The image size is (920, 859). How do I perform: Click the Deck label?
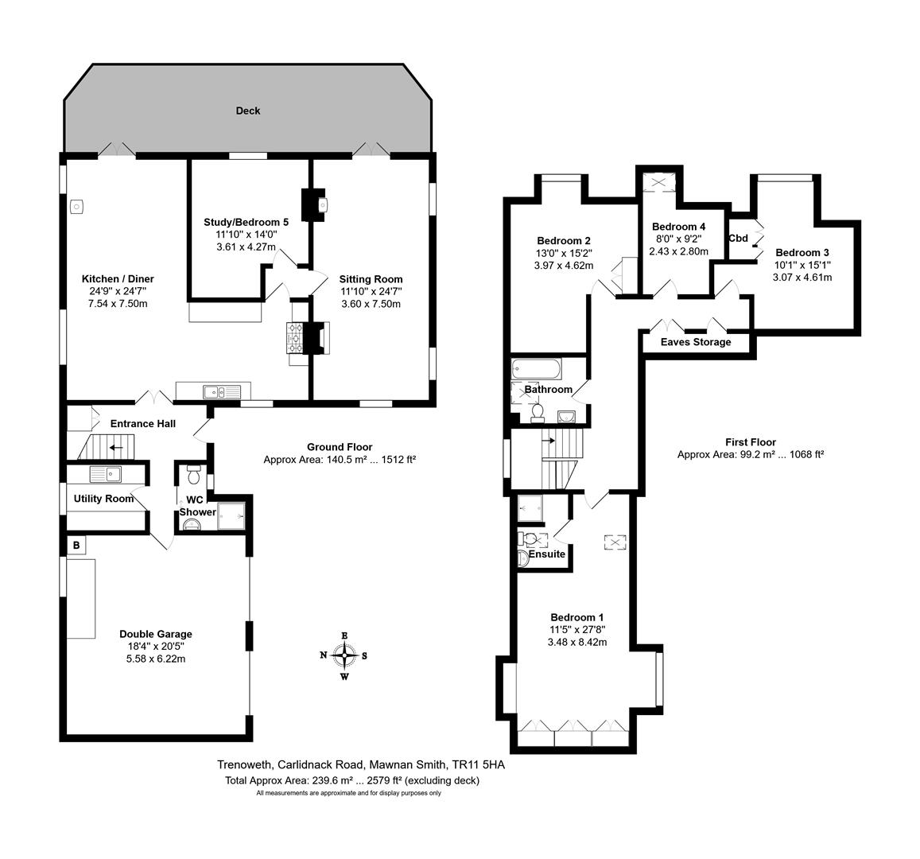click(247, 111)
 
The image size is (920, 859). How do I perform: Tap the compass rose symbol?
click(344, 655)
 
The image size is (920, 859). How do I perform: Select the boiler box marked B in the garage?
click(76, 546)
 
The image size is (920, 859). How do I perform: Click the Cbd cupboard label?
click(738, 239)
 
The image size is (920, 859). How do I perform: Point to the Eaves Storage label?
click(696, 342)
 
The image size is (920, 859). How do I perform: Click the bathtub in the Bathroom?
click(536, 370)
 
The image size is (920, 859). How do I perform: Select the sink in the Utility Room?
click(106, 473)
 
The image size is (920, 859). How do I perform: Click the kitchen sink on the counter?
click(222, 391)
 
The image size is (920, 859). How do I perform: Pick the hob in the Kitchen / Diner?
click(295, 339)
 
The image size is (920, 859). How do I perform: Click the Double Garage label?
click(156, 634)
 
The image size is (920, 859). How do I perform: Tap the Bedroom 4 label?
click(679, 227)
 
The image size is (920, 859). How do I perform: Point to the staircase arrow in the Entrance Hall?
click(115, 447)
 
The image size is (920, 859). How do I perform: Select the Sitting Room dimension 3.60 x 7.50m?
click(371, 304)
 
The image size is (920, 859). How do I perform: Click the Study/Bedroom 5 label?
click(246, 222)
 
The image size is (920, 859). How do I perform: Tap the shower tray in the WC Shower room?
click(231, 516)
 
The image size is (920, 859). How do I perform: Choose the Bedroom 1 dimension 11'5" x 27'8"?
click(577, 630)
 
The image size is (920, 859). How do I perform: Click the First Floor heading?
click(751, 442)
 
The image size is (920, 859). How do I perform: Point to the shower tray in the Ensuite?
click(530, 508)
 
